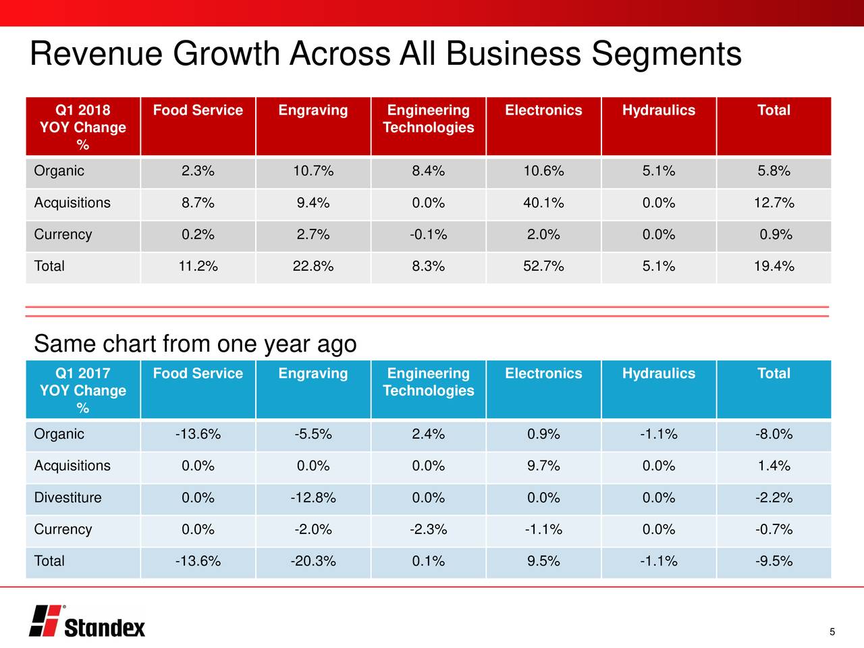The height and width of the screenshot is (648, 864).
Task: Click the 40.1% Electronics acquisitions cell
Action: (543, 203)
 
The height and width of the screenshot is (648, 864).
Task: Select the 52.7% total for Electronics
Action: (543, 267)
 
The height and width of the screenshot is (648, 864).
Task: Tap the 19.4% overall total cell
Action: (774, 267)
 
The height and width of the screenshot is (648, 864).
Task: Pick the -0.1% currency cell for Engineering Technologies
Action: (428, 235)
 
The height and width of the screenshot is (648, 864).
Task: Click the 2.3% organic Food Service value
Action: (198, 171)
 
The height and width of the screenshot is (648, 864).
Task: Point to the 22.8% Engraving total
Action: (313, 267)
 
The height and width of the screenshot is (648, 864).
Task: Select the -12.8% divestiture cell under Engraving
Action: (313, 498)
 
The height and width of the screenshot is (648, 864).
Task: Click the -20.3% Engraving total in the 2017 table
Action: (313, 562)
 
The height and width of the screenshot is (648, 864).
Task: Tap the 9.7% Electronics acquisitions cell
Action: (543, 466)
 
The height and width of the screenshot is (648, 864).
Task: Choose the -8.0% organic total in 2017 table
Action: (774, 435)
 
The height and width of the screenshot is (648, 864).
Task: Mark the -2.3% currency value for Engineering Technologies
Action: (428, 530)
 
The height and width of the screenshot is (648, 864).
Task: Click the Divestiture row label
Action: (68, 498)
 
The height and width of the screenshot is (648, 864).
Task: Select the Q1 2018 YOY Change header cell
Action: (83, 127)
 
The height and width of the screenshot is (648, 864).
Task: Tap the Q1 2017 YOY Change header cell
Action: (83, 390)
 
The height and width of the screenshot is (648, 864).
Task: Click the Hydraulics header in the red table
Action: (658, 111)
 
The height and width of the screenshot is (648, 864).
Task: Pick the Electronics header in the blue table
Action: (543, 374)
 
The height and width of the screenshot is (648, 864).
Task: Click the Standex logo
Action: (87, 620)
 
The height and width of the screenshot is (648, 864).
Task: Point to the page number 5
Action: (832, 632)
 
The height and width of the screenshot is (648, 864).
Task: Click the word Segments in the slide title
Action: (666, 54)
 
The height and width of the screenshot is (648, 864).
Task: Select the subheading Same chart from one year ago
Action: (195, 344)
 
